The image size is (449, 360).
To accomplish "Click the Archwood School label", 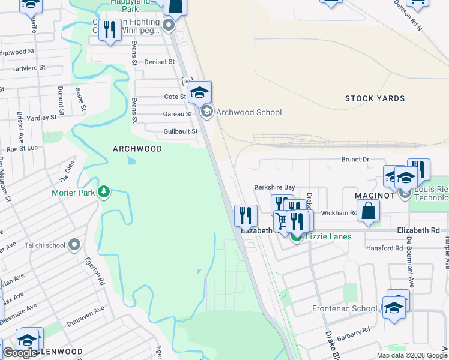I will tap(249, 112).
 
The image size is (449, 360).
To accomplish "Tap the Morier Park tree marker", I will tap(104, 191).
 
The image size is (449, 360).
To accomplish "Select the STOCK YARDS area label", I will tap(375, 98).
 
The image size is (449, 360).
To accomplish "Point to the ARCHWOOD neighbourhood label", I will tap(137, 148).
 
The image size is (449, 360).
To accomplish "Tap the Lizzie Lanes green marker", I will tap(297, 236).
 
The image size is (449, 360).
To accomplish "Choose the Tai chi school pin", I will tap(74, 244).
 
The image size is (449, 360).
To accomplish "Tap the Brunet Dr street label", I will tap(355, 160).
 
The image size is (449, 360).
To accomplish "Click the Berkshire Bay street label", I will tap(275, 187).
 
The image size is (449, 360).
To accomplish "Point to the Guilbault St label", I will tap(181, 132).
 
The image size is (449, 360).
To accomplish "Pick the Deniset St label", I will tap(160, 62).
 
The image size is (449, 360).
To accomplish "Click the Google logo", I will tap(20, 353).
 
